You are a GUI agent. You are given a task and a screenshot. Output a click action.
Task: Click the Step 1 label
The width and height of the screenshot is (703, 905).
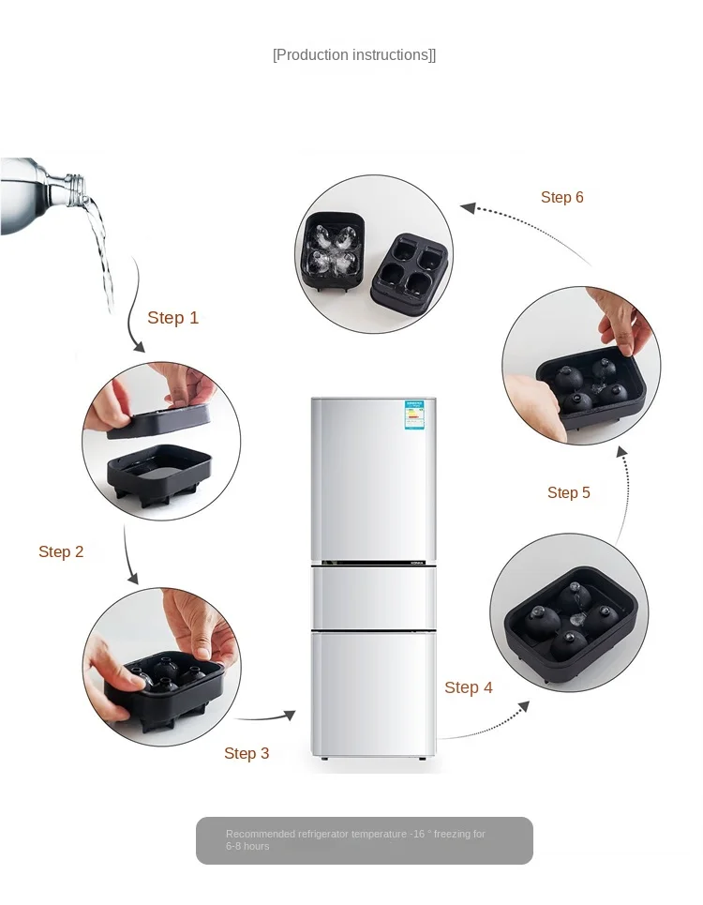point(173,318)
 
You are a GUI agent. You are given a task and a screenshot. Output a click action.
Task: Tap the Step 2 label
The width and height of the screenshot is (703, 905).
point(61,551)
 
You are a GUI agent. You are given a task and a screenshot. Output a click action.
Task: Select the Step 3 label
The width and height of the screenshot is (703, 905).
point(247,753)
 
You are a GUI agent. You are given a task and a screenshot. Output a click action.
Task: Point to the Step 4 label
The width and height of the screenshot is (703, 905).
point(469,687)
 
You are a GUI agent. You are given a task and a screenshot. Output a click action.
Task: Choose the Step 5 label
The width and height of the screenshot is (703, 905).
point(569,492)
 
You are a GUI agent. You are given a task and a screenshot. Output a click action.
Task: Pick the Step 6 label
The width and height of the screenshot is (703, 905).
point(562,197)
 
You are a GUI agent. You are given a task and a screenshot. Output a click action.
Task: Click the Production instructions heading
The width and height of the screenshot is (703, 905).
point(354,55)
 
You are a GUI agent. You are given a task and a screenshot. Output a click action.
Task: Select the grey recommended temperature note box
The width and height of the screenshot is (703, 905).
point(364,840)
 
